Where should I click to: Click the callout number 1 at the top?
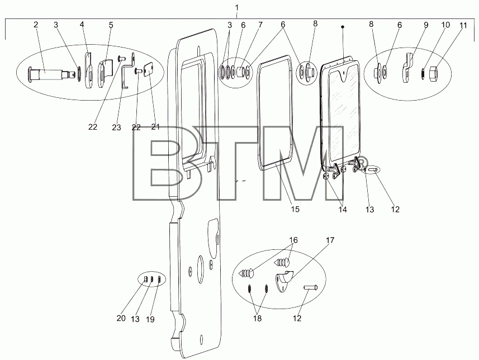[237, 7]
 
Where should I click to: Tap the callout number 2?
[36, 25]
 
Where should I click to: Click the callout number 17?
[330, 240]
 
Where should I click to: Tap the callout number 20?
[121, 318]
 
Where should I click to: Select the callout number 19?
[150, 319]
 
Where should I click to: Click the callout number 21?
[155, 127]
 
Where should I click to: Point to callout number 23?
[116, 127]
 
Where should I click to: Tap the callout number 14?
[343, 209]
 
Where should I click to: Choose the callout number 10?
[445, 25]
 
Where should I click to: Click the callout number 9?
[426, 25]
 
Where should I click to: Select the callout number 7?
[260, 25]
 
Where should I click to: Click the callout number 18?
[258, 318]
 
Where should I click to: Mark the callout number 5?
[111, 25]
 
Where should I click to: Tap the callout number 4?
[82, 25]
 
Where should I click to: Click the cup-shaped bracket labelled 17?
[284, 281]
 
